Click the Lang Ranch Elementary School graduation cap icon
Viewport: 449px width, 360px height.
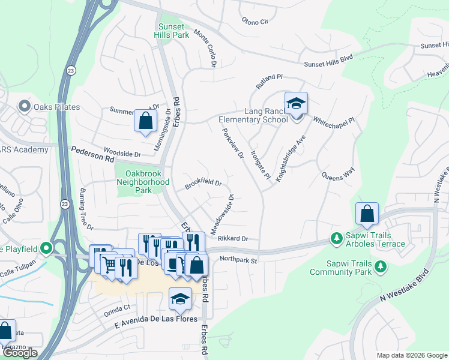[295, 103]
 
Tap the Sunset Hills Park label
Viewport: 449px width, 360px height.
[173, 31]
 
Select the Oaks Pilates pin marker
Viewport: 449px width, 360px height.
[25, 107]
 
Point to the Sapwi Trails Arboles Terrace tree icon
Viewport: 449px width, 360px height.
[337, 239]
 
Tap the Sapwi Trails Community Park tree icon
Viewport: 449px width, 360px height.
[379, 267]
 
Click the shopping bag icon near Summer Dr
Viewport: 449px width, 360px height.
[145, 121]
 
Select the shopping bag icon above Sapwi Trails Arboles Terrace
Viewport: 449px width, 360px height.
[367, 214]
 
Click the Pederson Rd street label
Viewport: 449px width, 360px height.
[92, 155]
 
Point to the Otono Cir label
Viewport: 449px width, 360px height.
[255, 22]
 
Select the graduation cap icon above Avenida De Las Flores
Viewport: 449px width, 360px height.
[180, 299]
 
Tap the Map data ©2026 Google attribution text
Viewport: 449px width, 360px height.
[411, 355]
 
